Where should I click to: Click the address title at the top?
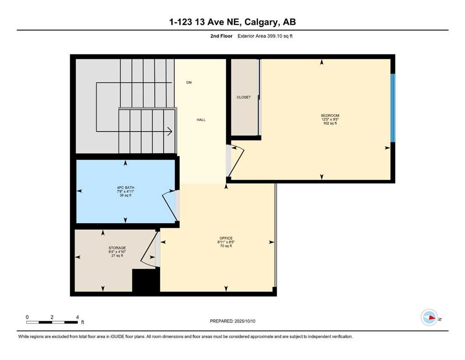(232, 22)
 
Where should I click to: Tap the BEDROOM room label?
(330, 116)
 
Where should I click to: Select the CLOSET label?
(244, 97)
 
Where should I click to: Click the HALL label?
(201, 120)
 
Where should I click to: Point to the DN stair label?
(189, 82)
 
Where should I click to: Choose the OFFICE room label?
(226, 238)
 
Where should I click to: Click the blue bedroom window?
(393, 108)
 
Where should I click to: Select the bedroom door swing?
(236, 162)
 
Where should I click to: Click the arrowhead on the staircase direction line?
(169, 132)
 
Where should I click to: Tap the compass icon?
(428, 317)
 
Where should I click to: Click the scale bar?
(52, 322)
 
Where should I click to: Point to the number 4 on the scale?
(77, 317)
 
